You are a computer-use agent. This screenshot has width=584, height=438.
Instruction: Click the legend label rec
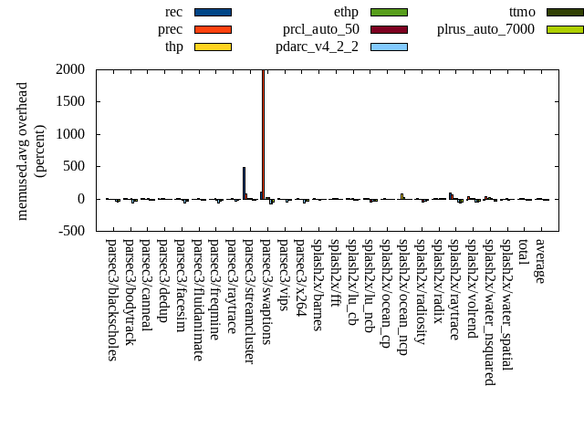point(172,12)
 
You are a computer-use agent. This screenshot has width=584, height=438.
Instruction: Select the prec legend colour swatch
point(213,29)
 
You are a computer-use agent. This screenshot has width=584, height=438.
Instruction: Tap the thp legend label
point(173,47)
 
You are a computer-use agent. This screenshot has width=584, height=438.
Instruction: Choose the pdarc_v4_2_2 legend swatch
point(389,47)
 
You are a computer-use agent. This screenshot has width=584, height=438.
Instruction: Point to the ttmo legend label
point(522,12)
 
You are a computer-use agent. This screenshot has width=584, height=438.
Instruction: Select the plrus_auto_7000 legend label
point(485,29)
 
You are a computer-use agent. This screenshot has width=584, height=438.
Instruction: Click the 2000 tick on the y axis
point(69,69)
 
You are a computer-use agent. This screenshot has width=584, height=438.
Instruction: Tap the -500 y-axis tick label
point(69,231)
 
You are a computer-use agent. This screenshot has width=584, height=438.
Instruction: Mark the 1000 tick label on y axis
point(69,134)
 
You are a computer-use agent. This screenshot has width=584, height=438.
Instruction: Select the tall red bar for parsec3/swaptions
point(263,133)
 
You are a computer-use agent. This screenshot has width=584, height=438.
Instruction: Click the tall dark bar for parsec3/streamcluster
point(244,182)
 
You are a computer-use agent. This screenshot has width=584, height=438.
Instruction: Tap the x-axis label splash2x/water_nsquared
point(488,311)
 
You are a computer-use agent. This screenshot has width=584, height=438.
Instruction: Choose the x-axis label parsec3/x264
point(300,276)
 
